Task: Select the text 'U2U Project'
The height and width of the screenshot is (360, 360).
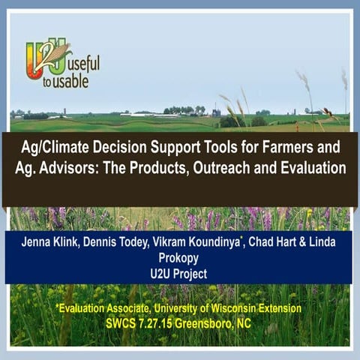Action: coord(179,275)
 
